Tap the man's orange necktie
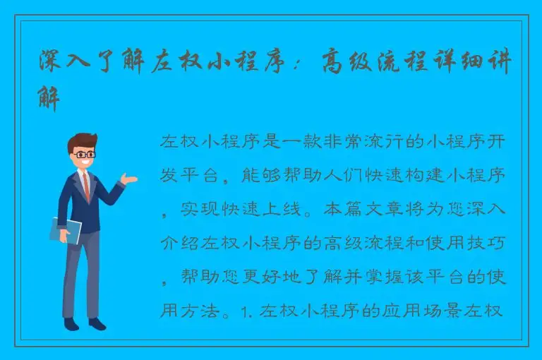coord(86,185)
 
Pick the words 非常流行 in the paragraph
coord(342,141)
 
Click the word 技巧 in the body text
coord(488,244)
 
